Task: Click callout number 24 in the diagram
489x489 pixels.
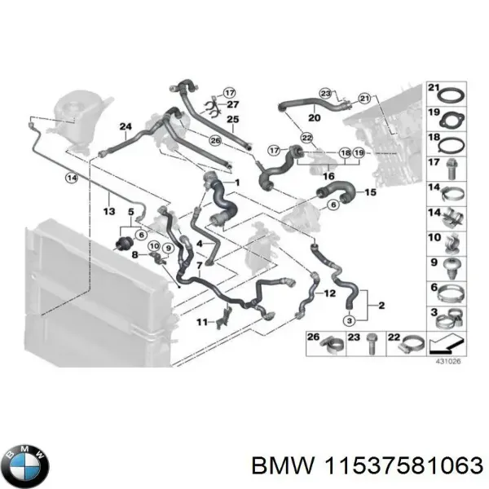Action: (x=125, y=126)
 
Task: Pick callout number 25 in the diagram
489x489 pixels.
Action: (x=232, y=120)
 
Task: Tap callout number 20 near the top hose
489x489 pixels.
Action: (x=315, y=117)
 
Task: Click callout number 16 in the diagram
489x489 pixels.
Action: (x=329, y=174)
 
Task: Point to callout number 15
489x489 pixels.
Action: (x=370, y=192)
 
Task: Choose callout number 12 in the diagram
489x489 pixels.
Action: (x=330, y=292)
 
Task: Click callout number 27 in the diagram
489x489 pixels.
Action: (x=233, y=104)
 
